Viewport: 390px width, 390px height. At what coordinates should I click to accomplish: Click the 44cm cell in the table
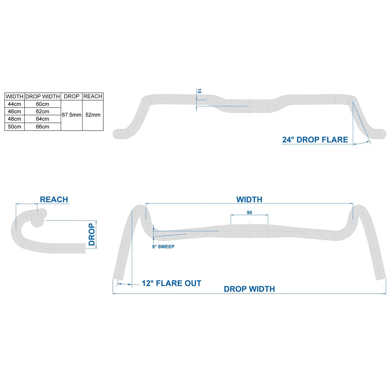[x=15, y=104]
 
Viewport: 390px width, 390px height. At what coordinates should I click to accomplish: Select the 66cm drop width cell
[x=43, y=127]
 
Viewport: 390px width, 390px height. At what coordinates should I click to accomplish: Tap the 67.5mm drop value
[x=71, y=115]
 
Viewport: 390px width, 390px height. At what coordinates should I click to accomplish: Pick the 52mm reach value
[x=93, y=115]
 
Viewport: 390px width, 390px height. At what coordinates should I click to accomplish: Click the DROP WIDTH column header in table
[x=43, y=97]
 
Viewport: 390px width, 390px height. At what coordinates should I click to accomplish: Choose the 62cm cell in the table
[x=43, y=111]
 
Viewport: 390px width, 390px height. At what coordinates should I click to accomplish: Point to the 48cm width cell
[x=15, y=119]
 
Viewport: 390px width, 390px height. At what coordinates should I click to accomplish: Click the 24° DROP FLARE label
[x=315, y=140]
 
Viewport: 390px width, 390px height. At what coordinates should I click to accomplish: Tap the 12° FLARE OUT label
[x=171, y=283]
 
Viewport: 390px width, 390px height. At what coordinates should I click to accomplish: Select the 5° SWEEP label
[x=163, y=247]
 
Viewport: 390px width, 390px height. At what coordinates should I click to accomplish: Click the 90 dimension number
[x=249, y=213]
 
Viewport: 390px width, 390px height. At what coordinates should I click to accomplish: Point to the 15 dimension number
[x=200, y=92]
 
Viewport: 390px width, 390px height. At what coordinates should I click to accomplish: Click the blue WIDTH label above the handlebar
[x=249, y=200]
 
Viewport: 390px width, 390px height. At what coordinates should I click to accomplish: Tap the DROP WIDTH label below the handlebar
[x=249, y=289]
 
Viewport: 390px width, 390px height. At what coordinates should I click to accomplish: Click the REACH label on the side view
[x=54, y=200]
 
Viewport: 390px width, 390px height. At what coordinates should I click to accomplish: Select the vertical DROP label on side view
[x=92, y=235]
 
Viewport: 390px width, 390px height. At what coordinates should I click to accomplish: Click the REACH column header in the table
[x=93, y=97]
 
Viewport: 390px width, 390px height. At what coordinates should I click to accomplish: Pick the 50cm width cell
[x=15, y=127]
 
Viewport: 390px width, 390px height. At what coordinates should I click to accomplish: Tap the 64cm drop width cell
[x=43, y=119]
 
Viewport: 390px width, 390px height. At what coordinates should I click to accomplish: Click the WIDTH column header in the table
[x=15, y=97]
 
